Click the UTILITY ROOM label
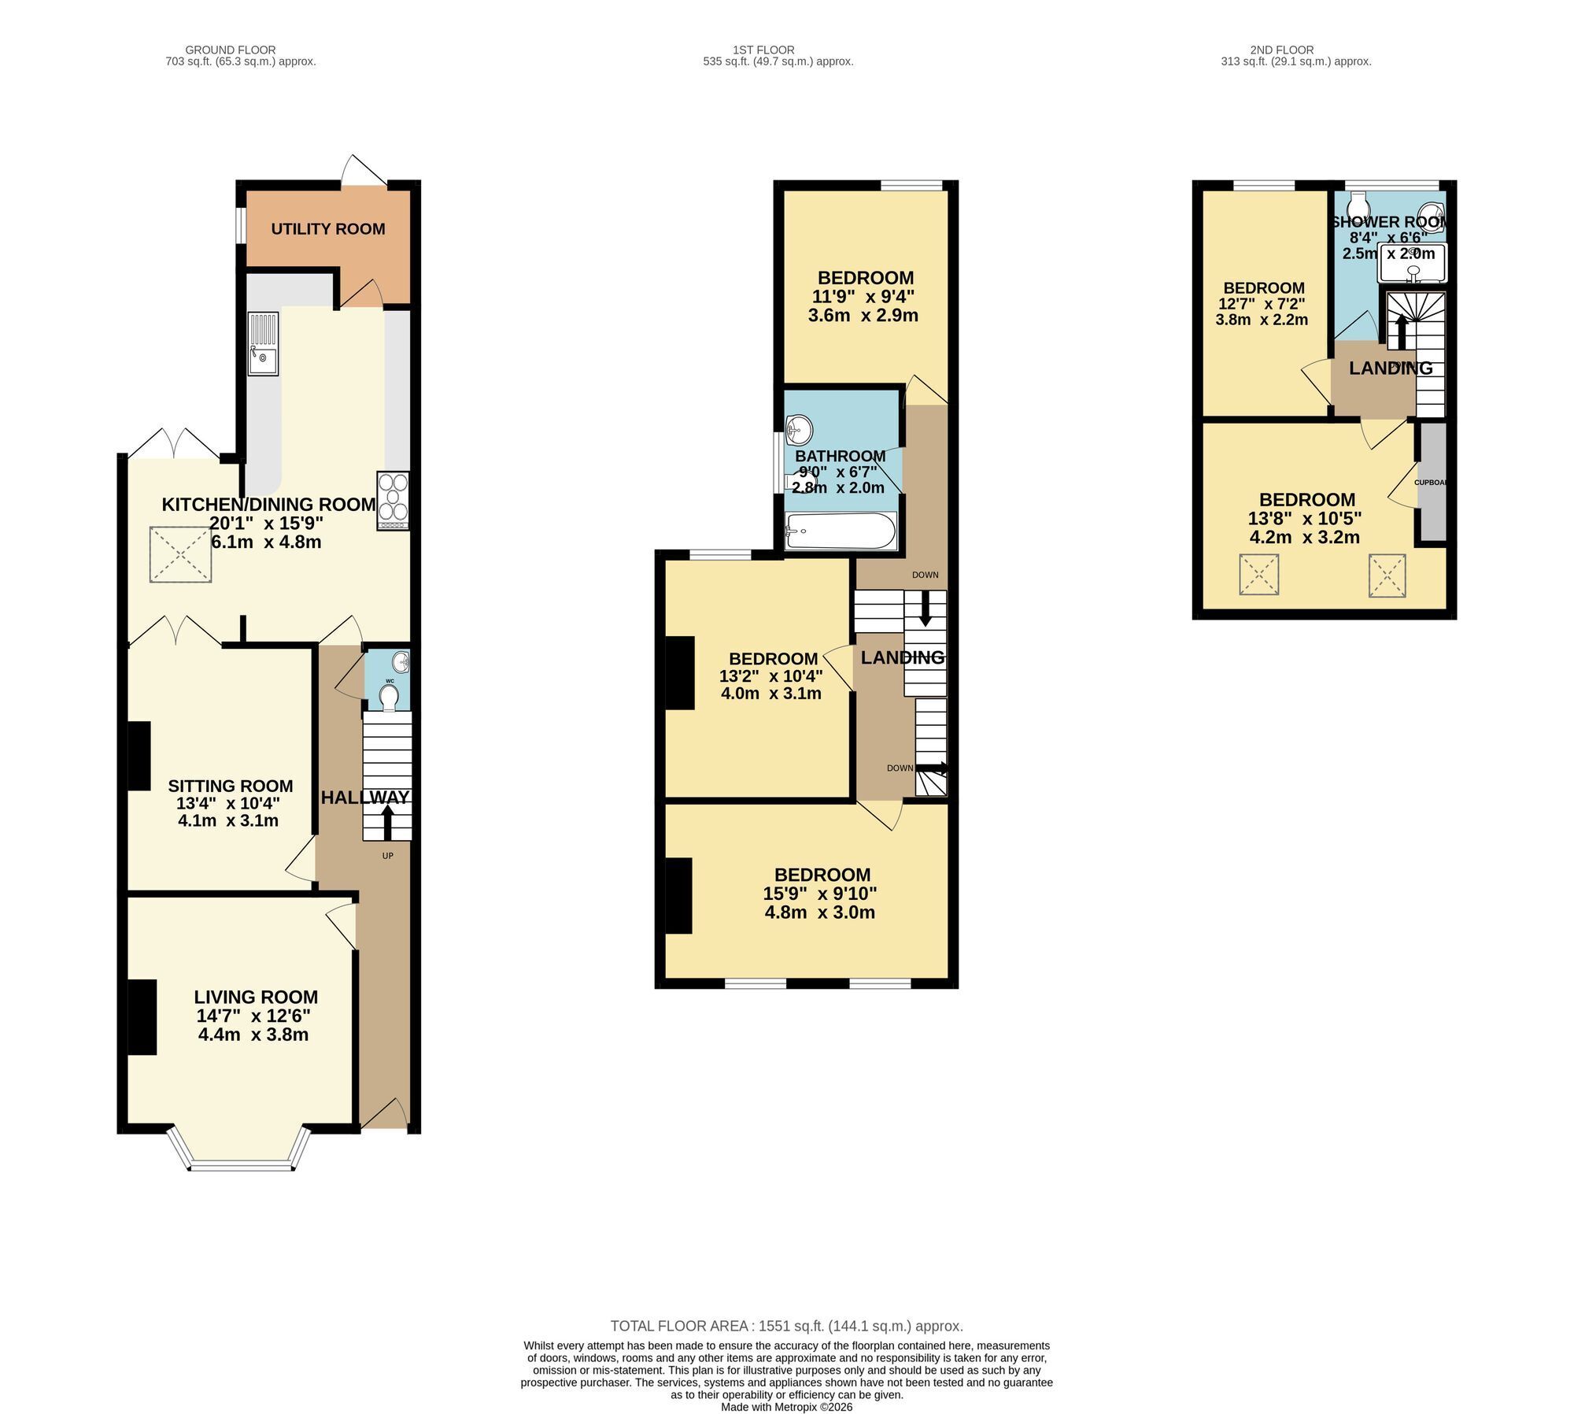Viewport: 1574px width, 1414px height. coord(328,229)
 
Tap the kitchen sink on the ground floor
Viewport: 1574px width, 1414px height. coord(263,344)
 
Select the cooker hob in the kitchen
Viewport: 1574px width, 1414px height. coord(393,500)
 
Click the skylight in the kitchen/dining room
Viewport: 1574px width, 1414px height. coord(180,554)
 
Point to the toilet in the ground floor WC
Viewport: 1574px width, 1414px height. coord(389,698)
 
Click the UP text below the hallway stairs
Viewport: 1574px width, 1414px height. coord(387,856)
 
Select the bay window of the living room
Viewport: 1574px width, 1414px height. coord(241,1150)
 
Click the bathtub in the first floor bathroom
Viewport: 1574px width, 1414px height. coord(841,531)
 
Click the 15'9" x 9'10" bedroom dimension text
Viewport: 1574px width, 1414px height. coord(820,903)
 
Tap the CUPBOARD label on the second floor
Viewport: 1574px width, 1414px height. coord(1430,482)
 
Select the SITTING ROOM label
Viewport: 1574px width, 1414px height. coord(231,786)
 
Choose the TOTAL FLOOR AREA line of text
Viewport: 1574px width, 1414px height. coord(787,1326)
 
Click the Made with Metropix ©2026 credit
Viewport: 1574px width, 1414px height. coord(787,1407)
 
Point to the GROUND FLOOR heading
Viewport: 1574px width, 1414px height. coord(231,50)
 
